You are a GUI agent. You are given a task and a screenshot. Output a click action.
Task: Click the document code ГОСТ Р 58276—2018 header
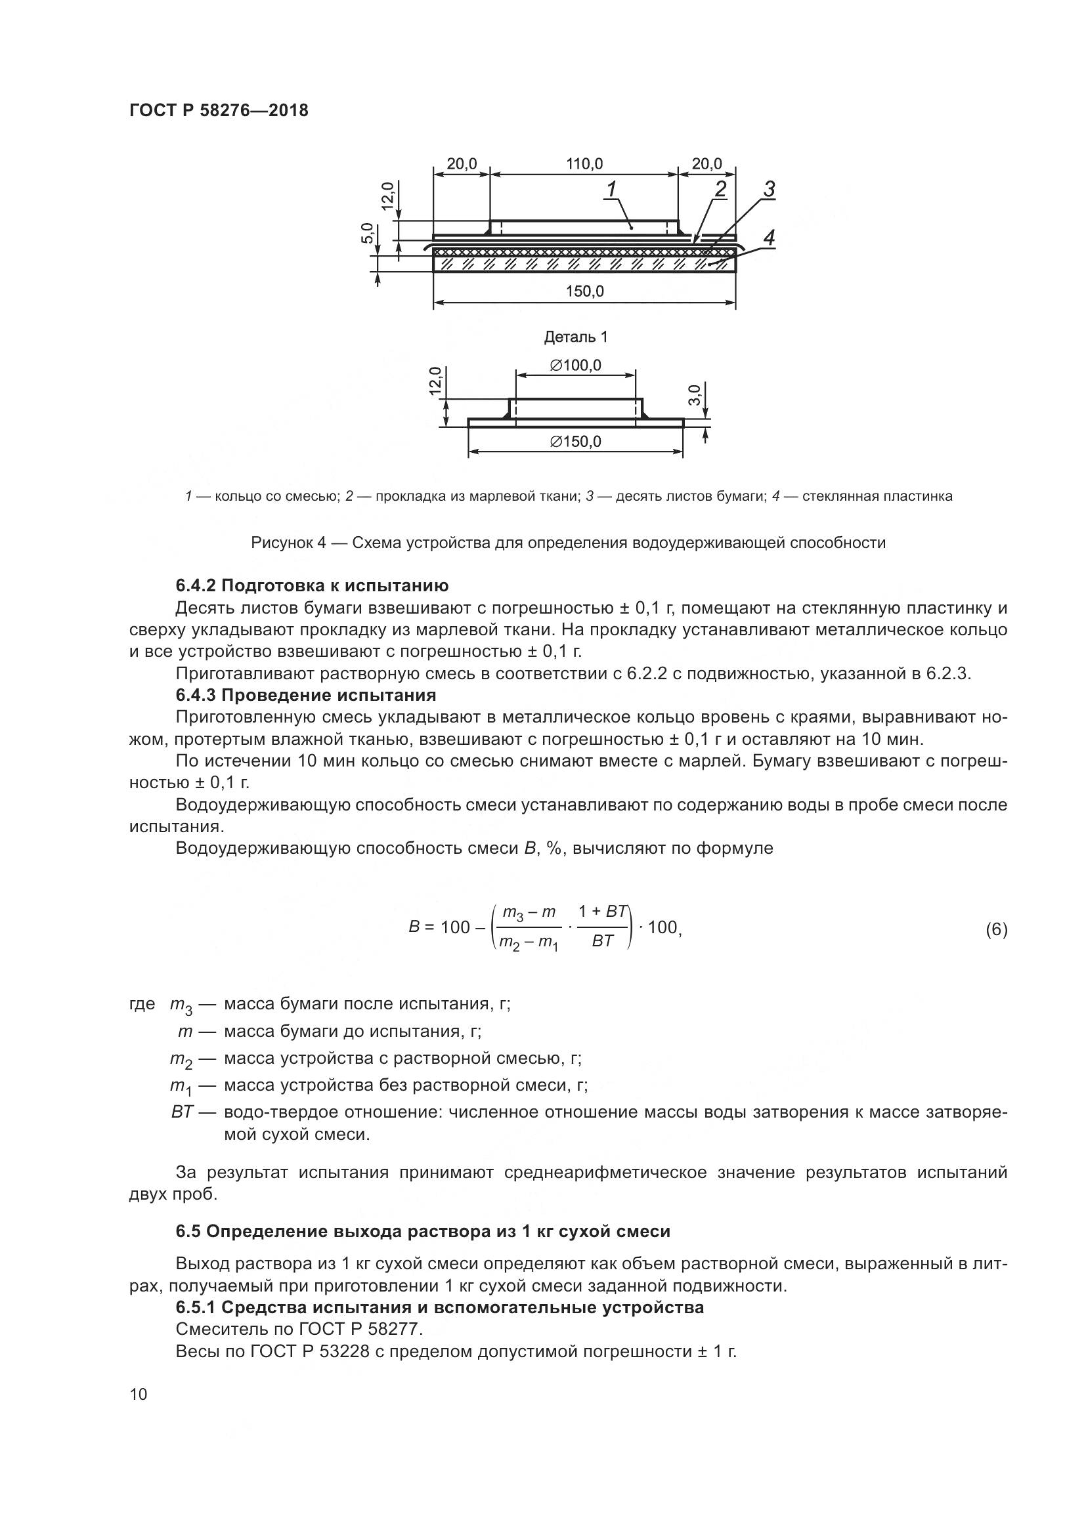[x=219, y=111]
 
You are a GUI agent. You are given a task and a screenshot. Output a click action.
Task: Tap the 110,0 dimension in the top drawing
[x=584, y=164]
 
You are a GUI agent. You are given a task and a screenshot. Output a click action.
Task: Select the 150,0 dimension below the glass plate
[x=585, y=291]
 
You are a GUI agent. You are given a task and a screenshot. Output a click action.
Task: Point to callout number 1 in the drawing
[x=611, y=190]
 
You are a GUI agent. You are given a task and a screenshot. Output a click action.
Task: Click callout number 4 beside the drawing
[x=769, y=238]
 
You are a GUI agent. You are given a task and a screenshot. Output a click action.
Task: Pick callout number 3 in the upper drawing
[x=769, y=190]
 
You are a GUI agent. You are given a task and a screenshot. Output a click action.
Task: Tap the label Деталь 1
[x=576, y=337]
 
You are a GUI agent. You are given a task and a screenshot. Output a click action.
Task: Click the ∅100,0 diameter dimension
[x=575, y=366]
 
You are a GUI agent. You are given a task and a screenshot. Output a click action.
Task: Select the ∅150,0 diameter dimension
[x=575, y=442]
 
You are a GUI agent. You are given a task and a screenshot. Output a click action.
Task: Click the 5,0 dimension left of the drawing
[x=367, y=234]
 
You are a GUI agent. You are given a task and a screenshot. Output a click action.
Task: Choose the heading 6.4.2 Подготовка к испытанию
[x=312, y=586]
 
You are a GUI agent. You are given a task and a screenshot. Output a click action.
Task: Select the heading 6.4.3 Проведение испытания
[x=305, y=695]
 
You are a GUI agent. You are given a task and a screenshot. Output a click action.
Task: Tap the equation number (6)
[x=996, y=930]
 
